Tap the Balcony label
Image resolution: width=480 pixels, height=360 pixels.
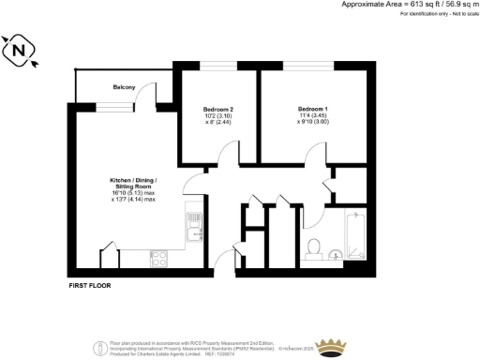pos(125,87)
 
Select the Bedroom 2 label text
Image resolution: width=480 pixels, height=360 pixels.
pos(218,110)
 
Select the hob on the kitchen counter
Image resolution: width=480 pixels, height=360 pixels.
pos(158,254)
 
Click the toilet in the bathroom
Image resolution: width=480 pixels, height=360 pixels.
pos(316,248)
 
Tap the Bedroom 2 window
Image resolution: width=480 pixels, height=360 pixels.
pos(217,65)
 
